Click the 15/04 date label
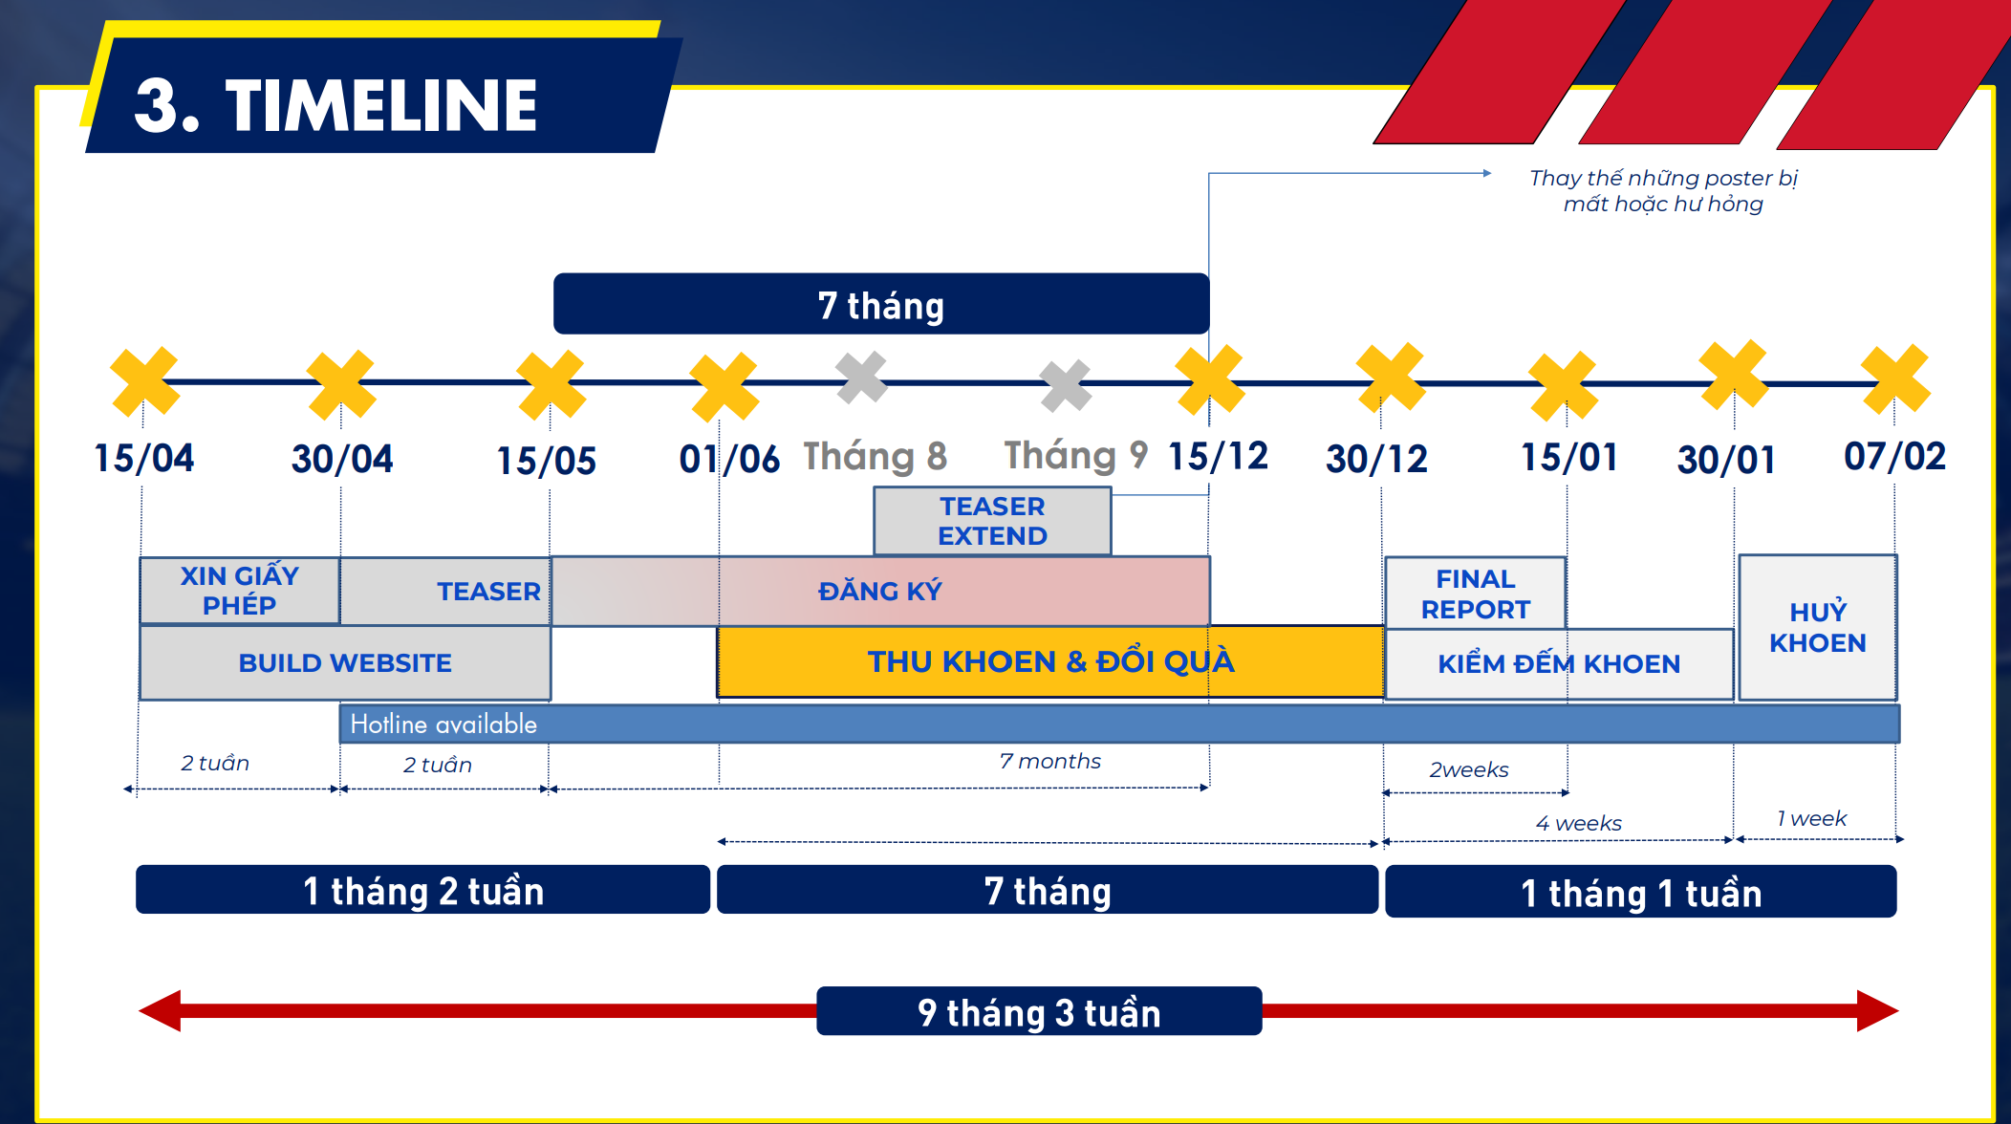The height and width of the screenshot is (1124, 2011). click(143, 458)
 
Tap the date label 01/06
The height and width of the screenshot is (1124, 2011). click(729, 459)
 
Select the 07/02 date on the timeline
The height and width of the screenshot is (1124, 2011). click(1894, 456)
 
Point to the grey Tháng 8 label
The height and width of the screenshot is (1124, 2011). click(875, 456)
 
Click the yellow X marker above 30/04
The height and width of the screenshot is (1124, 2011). click(340, 384)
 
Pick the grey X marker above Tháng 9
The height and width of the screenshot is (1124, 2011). click(1066, 385)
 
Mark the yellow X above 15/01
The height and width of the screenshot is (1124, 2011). click(1563, 386)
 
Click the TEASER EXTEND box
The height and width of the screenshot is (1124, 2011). click(992, 521)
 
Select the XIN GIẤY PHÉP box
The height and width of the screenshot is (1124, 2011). click(240, 591)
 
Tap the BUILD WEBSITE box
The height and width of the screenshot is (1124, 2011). click(345, 662)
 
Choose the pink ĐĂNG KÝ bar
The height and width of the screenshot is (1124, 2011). click(880, 591)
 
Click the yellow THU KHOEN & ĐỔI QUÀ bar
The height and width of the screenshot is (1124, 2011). click(1050, 661)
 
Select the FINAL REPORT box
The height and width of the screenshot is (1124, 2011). click(1475, 594)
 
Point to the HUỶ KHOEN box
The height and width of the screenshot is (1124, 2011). click(1817, 627)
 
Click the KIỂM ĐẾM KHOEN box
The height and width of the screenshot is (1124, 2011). click(1559, 663)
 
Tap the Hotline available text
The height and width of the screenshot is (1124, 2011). click(443, 724)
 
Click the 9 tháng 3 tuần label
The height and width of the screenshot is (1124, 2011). click(1039, 1011)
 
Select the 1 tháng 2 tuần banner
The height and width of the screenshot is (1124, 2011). click(422, 890)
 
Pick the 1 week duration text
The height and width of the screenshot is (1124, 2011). click(1811, 818)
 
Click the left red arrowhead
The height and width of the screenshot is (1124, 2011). click(160, 1010)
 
